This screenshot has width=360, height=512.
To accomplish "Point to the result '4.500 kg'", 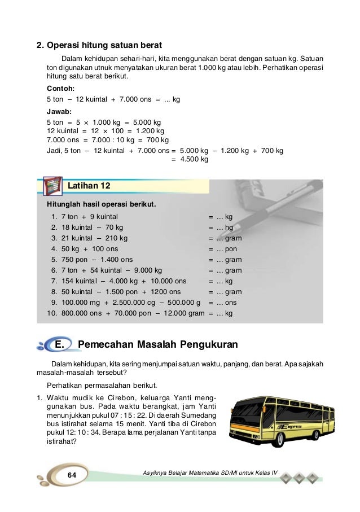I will (x=194, y=160).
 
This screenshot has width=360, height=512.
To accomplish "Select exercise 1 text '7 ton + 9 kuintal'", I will (x=89, y=216).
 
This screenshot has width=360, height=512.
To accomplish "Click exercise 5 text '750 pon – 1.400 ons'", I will (x=96, y=260).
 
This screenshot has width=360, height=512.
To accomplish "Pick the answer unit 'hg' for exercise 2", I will (x=229, y=227).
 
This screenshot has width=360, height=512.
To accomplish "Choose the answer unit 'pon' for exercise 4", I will (x=231, y=249).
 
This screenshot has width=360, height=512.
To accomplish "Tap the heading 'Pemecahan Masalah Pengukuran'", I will (x=157, y=344).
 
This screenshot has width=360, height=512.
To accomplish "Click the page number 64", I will (x=72, y=475).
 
